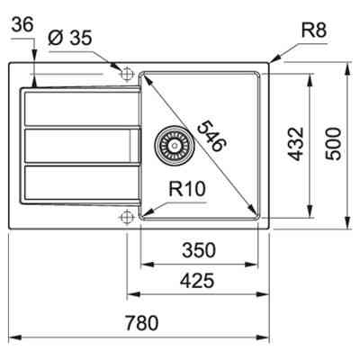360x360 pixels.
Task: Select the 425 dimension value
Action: [197, 281]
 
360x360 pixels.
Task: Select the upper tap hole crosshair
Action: [126, 70]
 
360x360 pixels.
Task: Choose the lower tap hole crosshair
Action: [126, 216]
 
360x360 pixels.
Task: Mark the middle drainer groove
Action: [79, 146]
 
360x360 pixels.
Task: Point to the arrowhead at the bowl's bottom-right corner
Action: [254, 211]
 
